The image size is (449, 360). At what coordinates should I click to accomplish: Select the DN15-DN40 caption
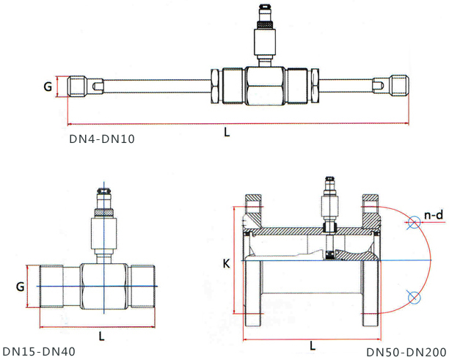point(38,352)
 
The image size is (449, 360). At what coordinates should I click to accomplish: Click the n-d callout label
point(433,216)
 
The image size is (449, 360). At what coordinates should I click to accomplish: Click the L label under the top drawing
point(227,133)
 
